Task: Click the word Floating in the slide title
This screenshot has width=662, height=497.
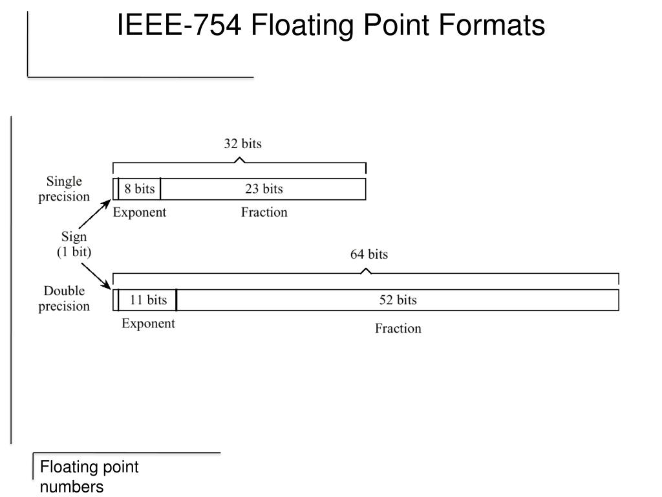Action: tap(303, 26)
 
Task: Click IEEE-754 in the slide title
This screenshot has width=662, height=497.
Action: tap(180, 26)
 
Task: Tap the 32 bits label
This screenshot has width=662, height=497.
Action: tap(242, 144)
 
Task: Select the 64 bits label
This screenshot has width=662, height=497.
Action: tap(369, 254)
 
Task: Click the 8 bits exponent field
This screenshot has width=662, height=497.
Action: tap(140, 189)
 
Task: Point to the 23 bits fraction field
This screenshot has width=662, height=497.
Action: tap(264, 189)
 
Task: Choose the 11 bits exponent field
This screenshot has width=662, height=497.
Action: tap(148, 300)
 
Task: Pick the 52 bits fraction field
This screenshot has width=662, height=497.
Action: tap(398, 300)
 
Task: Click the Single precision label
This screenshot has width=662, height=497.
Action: tap(64, 188)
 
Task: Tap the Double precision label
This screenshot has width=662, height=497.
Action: tap(64, 298)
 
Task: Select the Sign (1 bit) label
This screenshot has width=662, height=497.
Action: tap(74, 245)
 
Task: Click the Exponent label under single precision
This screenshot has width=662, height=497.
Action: tap(140, 212)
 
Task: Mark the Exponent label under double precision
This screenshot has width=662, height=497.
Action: tap(148, 324)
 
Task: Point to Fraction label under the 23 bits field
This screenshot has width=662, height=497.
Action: tap(264, 212)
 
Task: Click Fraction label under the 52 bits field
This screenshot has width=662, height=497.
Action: tap(398, 329)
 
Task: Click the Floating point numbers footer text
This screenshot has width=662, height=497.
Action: tap(89, 477)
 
